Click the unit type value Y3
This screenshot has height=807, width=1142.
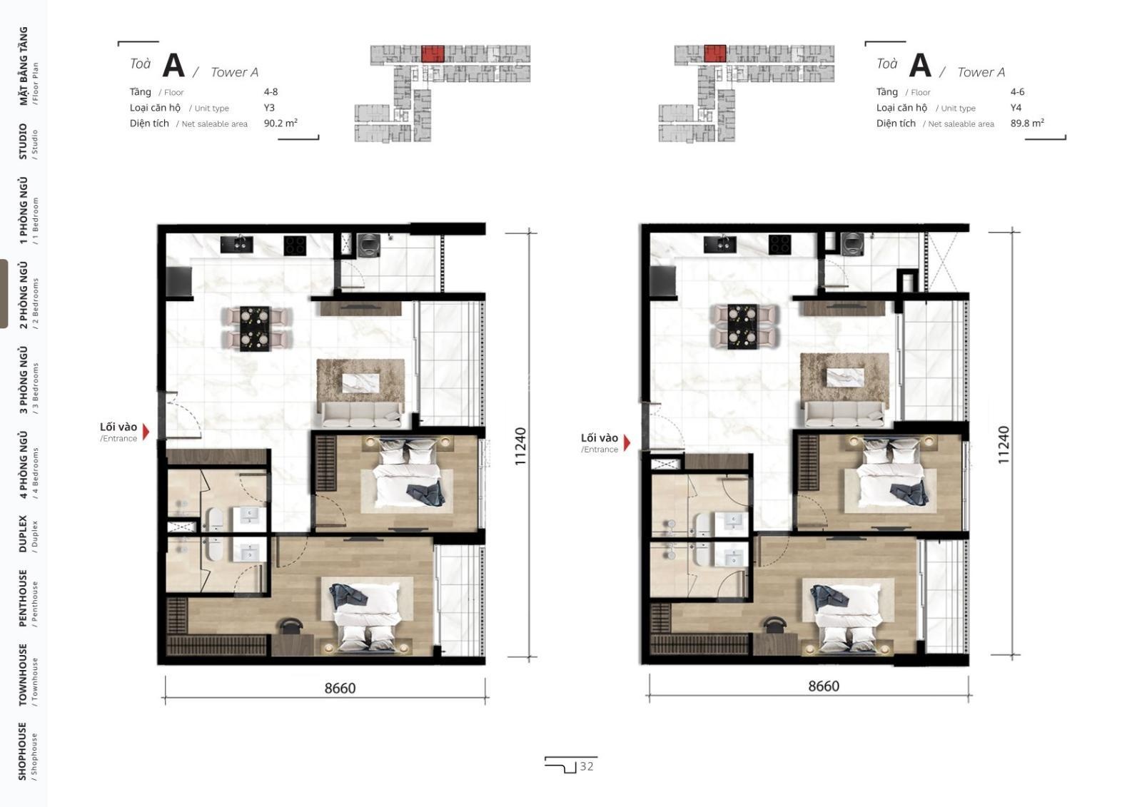point(269,108)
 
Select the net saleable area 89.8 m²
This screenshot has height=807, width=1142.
point(1027,123)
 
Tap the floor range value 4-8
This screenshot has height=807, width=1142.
point(271,92)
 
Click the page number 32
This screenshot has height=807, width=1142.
point(586,766)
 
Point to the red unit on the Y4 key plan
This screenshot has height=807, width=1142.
point(714,54)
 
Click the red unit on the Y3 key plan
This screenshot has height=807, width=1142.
point(433,54)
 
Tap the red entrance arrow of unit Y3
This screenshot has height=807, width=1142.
point(146,432)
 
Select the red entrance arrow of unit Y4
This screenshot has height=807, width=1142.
point(627,442)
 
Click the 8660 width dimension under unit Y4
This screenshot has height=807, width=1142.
point(824,686)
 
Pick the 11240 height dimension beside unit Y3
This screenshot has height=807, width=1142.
point(520,446)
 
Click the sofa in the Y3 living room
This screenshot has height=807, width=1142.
point(361,415)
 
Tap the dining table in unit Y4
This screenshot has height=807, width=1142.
point(742,326)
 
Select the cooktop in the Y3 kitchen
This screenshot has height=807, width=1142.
point(295,245)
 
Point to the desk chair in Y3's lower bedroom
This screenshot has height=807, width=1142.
point(291,626)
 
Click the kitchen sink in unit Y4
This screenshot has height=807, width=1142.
point(720,244)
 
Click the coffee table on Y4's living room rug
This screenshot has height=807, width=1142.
point(845,377)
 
